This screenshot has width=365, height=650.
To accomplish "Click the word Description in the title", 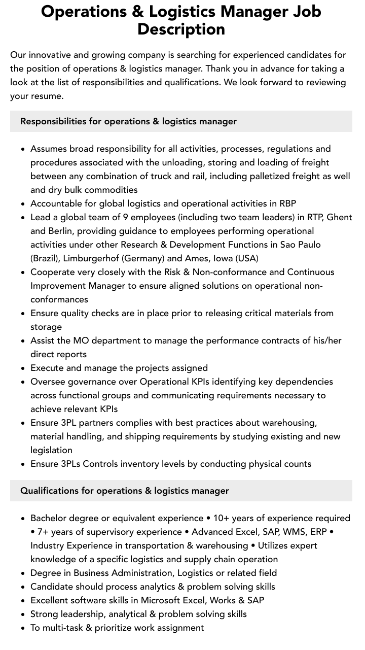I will pos(181,29).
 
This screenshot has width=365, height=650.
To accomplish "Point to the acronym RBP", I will pos(287,203).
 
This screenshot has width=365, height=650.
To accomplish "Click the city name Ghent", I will pos(339,217).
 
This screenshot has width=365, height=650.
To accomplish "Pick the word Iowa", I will pos(223,258).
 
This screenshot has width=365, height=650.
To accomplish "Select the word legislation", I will pos(51,450).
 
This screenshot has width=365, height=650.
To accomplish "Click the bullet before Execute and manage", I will pos(23,368).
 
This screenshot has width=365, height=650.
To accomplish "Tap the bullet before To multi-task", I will pos(23,628).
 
